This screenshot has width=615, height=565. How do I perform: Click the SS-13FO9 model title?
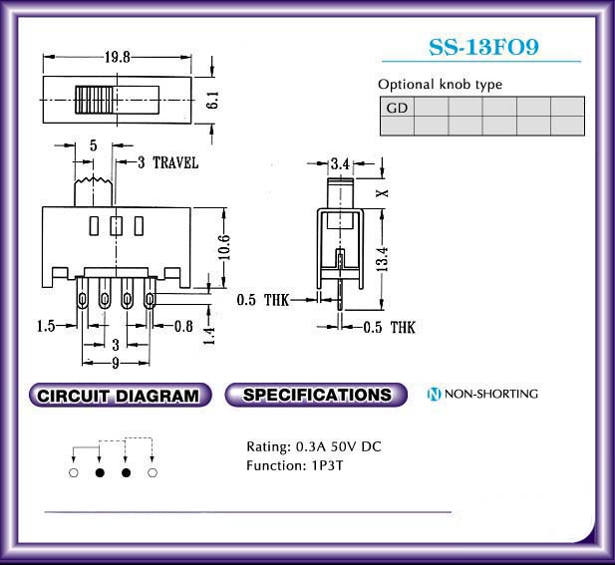(x=483, y=47)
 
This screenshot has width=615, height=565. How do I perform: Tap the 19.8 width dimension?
(x=117, y=57)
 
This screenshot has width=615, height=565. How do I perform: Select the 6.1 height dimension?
(x=213, y=100)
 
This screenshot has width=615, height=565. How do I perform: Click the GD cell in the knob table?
(x=397, y=107)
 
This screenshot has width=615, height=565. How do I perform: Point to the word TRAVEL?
(x=175, y=162)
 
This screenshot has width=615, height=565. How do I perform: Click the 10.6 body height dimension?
(x=224, y=247)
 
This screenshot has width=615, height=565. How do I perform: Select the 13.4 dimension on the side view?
(x=382, y=259)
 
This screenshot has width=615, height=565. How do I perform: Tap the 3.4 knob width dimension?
(x=340, y=163)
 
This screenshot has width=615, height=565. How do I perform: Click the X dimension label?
(x=382, y=193)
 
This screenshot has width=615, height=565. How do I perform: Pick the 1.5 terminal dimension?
(x=46, y=326)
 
